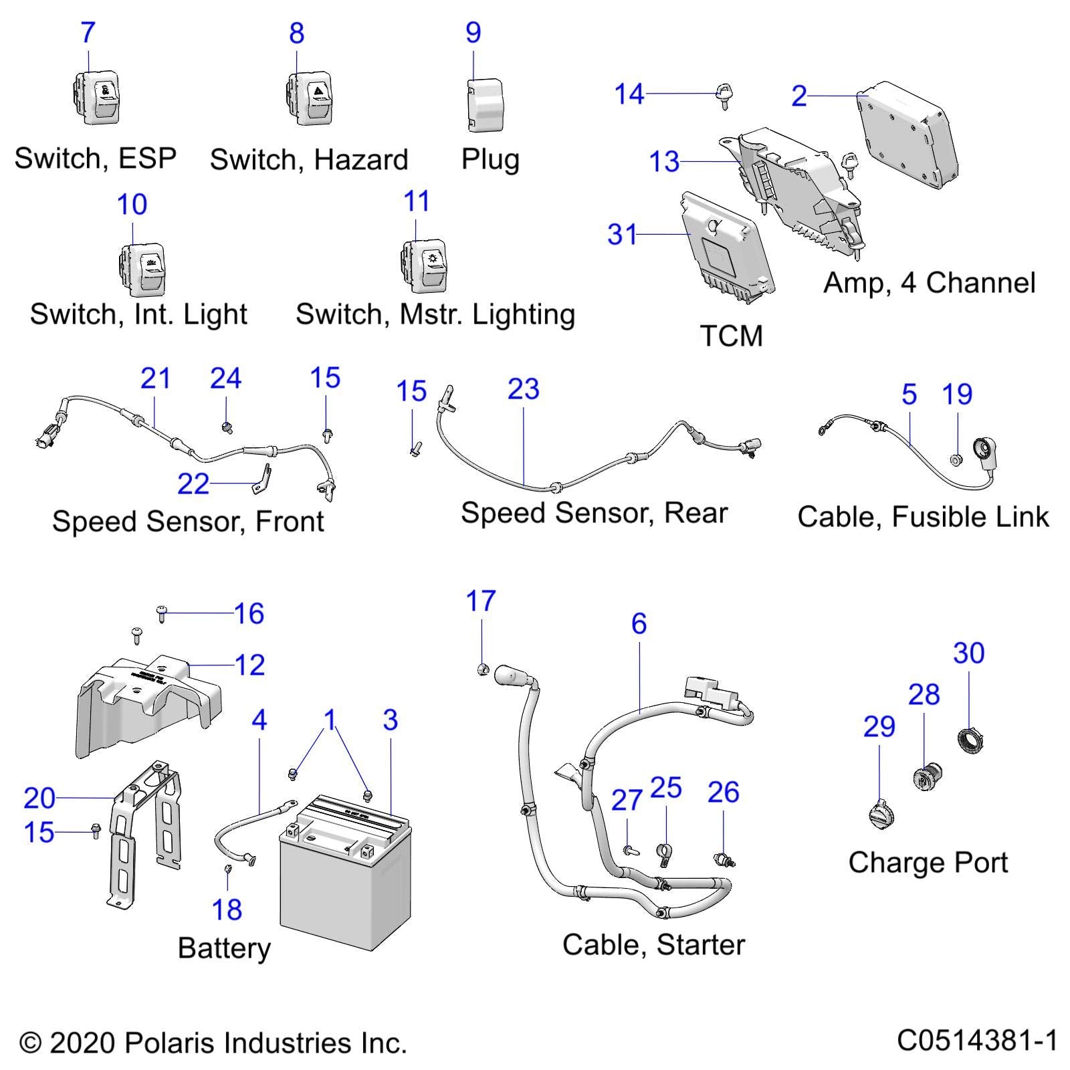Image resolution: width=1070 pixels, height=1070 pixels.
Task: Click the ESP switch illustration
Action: tap(96, 98)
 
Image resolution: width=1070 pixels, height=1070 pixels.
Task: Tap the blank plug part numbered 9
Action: tap(485, 105)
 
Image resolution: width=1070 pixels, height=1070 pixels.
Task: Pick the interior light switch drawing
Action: tap(142, 270)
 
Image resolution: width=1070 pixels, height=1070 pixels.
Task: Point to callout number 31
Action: tap(622, 235)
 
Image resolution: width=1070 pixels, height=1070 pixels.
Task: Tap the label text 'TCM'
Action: tap(731, 336)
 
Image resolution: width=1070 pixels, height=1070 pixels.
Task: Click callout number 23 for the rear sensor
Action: tap(523, 390)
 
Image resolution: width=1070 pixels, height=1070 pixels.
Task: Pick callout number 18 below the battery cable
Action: tap(227, 909)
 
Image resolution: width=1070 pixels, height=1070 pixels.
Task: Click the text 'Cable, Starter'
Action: tap(653, 945)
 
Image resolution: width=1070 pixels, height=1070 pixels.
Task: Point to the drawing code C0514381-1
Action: tap(977, 1041)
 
